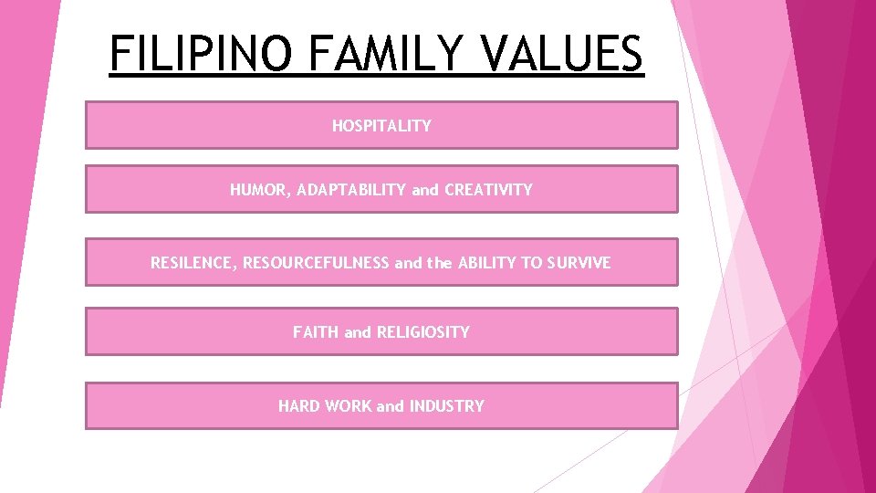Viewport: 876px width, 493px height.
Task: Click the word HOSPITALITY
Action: (381, 126)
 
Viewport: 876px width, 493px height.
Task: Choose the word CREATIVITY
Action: (488, 191)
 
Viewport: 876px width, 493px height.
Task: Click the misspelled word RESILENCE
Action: (191, 263)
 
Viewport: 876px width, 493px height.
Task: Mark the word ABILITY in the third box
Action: (486, 263)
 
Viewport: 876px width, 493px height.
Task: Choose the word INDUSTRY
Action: (447, 406)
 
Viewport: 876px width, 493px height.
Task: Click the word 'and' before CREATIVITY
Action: (425, 191)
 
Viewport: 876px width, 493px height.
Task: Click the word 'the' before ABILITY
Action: (440, 263)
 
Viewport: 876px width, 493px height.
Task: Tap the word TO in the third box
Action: (531, 263)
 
